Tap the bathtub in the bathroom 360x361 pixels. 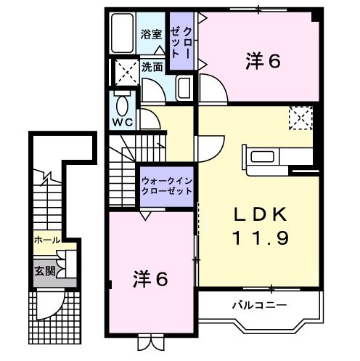[x=123, y=33]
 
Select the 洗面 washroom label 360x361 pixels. [x=152, y=66]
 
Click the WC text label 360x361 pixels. [x=120, y=121]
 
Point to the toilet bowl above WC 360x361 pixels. [x=120, y=100]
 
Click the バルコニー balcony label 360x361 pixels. [x=247, y=304]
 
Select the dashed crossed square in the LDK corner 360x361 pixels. [x=300, y=117]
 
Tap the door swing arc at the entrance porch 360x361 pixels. [x=49, y=304]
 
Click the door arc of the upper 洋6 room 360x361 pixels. [x=212, y=91]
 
